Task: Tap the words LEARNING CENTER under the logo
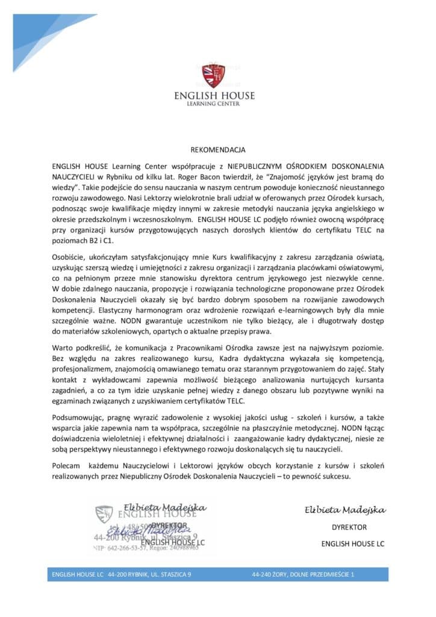coord(214,104)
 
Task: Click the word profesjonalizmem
coord(84,368)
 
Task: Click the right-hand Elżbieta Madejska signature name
coord(344,510)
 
